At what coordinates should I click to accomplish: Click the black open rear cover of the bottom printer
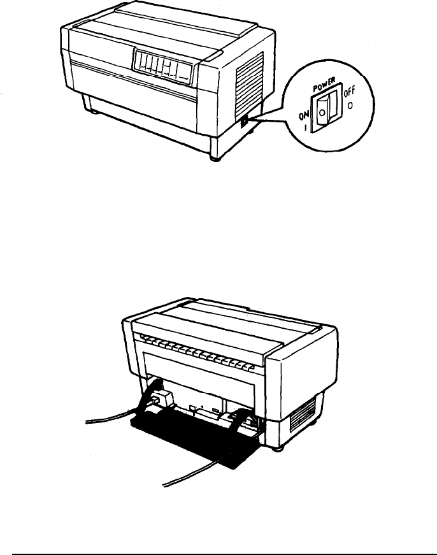click(191, 433)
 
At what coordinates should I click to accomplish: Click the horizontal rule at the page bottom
click(218, 537)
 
